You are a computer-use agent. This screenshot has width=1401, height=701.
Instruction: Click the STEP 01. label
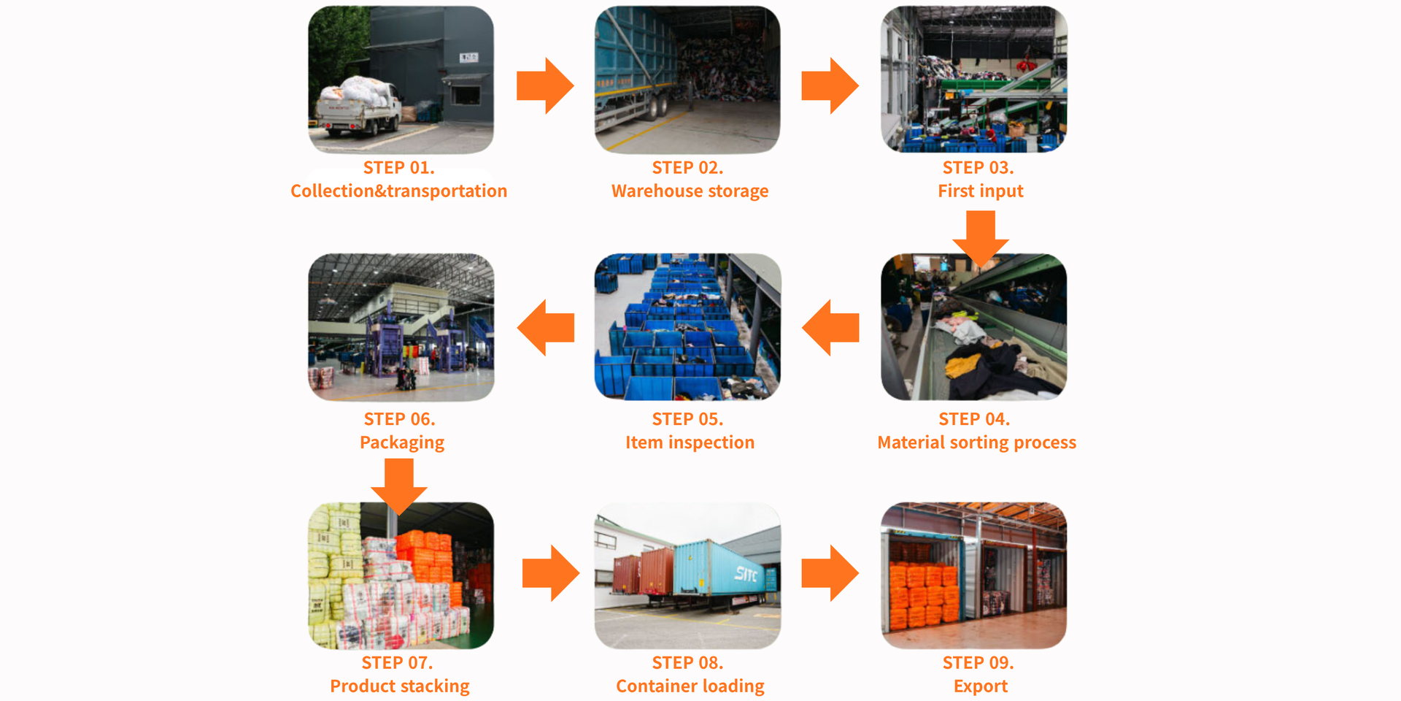pyautogui.click(x=398, y=168)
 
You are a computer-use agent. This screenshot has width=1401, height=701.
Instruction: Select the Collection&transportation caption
pyautogui.click(x=398, y=191)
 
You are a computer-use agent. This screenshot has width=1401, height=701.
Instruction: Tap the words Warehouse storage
pyautogui.click(x=690, y=191)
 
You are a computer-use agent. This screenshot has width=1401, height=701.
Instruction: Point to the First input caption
pyautogui.click(x=980, y=191)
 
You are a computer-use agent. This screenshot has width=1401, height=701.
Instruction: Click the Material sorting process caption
pyautogui.click(x=976, y=443)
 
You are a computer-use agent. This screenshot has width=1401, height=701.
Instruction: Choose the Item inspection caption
pyautogui.click(x=690, y=443)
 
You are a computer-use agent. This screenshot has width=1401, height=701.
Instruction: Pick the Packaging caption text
pyautogui.click(x=401, y=443)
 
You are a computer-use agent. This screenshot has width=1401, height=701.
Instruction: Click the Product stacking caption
pyautogui.click(x=400, y=686)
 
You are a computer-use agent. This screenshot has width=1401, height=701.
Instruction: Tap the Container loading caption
pyautogui.click(x=690, y=686)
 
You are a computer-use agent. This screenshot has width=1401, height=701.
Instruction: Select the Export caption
pyautogui.click(x=980, y=686)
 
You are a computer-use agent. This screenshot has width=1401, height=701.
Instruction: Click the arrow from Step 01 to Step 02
pyautogui.click(x=545, y=86)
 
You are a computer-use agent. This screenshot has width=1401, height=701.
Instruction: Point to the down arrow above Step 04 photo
pyautogui.click(x=980, y=238)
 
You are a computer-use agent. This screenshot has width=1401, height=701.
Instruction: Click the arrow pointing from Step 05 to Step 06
pyautogui.click(x=546, y=328)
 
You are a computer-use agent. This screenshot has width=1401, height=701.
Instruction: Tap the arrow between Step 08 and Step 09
pyautogui.click(x=830, y=573)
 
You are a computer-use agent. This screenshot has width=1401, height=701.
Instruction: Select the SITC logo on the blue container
pyautogui.click(x=746, y=574)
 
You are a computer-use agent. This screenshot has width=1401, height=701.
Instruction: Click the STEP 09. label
pyautogui.click(x=978, y=663)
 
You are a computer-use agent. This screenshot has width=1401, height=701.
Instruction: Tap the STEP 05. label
pyautogui.click(x=687, y=419)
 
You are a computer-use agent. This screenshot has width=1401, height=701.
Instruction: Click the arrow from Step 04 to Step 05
pyautogui.click(x=830, y=328)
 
